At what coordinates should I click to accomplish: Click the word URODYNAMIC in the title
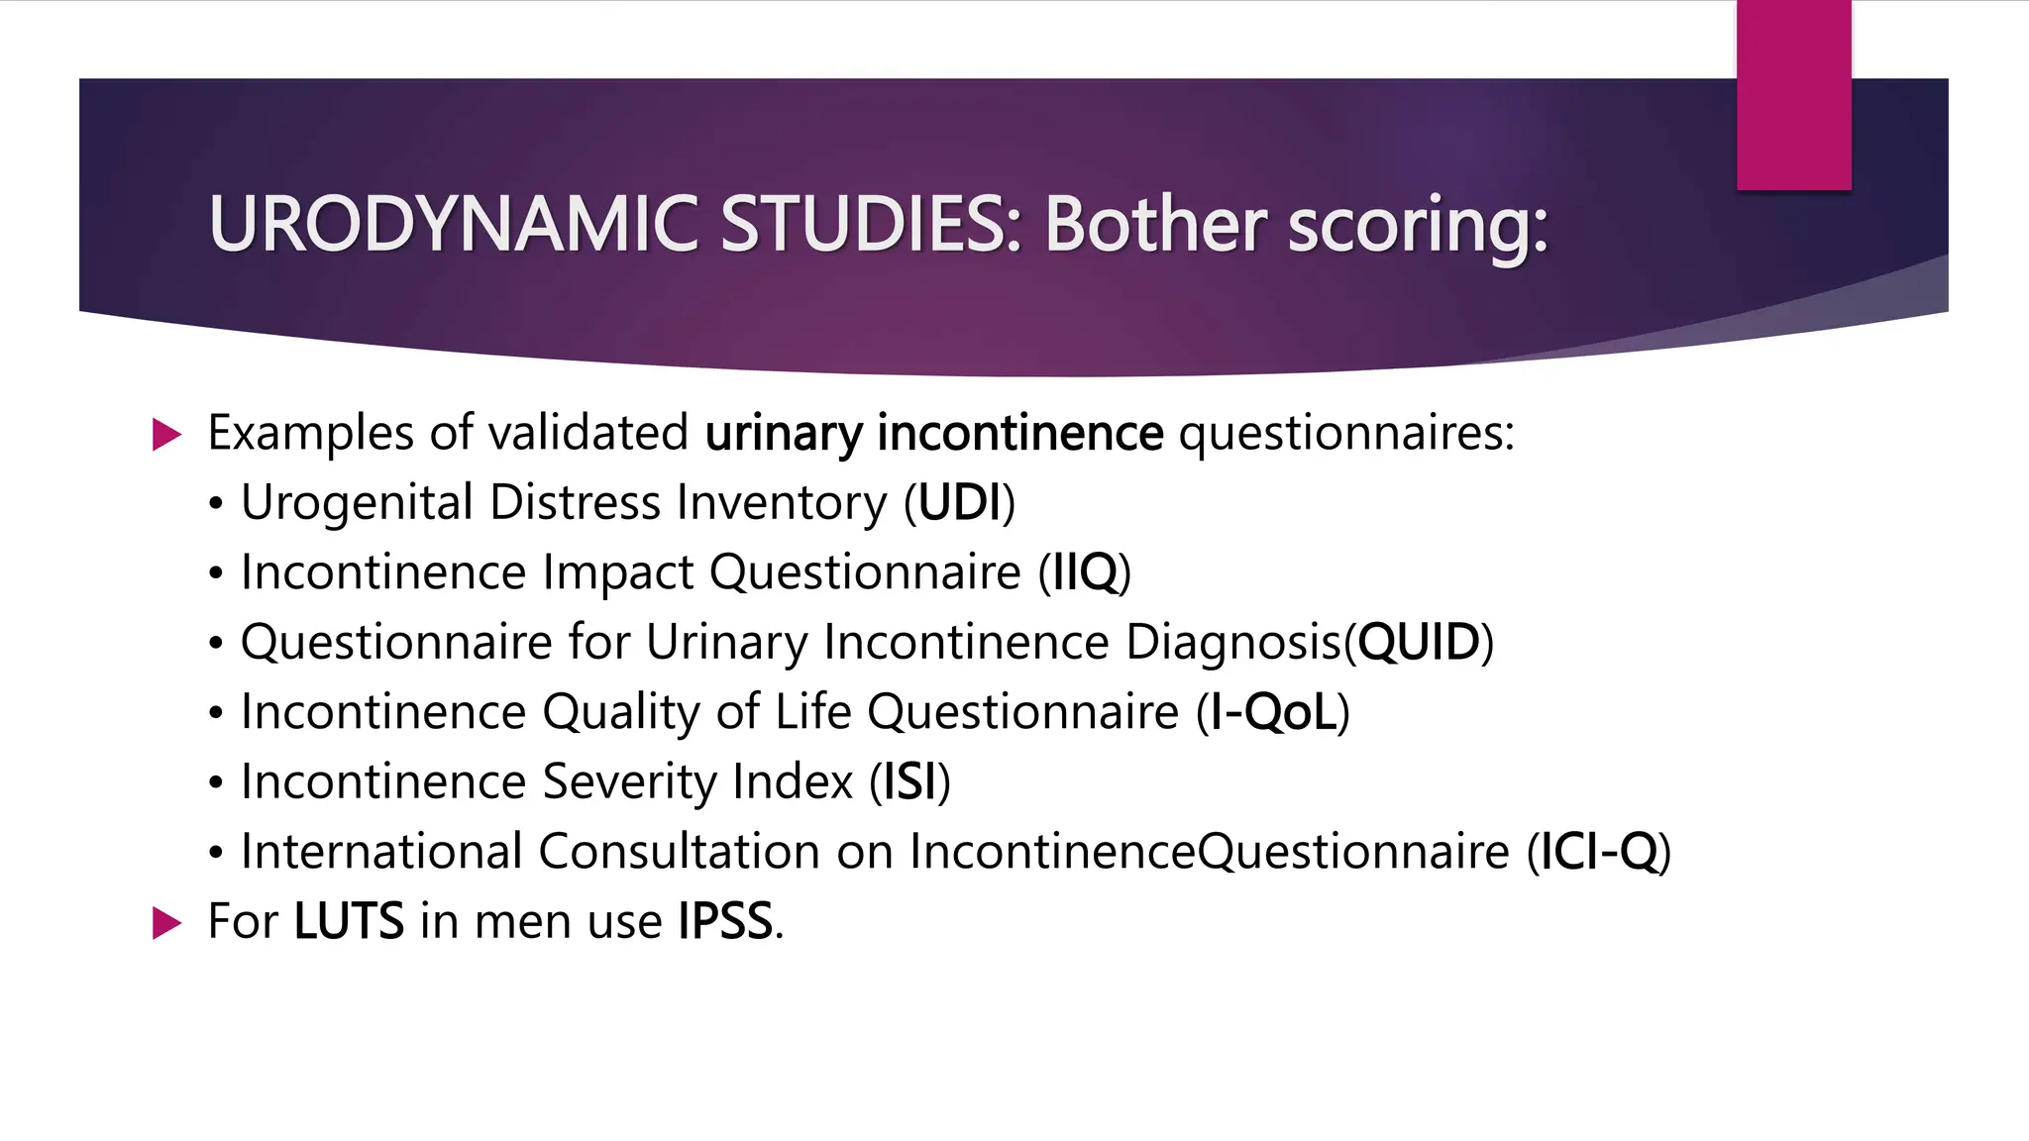coord(454,225)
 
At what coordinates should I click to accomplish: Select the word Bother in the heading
coord(1155,225)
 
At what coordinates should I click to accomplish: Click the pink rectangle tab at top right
coord(1793,95)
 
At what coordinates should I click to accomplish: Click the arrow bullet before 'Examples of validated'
coord(167,434)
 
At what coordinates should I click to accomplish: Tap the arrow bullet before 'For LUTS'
coord(167,923)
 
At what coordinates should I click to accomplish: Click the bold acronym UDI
coord(960,503)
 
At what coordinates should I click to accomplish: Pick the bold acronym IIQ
coord(1085,572)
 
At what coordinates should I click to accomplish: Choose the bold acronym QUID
coord(1419,642)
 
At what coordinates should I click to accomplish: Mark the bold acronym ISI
coord(909,781)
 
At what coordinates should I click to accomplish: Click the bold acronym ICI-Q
coord(1599,852)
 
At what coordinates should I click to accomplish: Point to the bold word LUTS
coord(349,921)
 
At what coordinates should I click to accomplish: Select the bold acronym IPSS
coord(725,921)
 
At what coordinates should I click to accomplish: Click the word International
coord(381,852)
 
